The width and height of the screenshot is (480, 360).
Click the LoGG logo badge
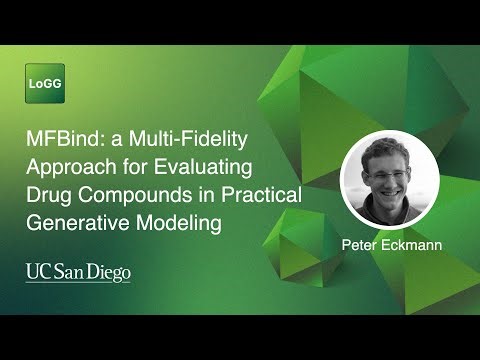pos(44,83)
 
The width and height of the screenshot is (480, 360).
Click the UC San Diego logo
pos(78,272)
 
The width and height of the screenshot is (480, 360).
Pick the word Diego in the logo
pos(109,272)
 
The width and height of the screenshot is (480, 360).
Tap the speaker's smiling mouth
pos(387,186)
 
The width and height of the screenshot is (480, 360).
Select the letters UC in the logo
pos(35,271)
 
